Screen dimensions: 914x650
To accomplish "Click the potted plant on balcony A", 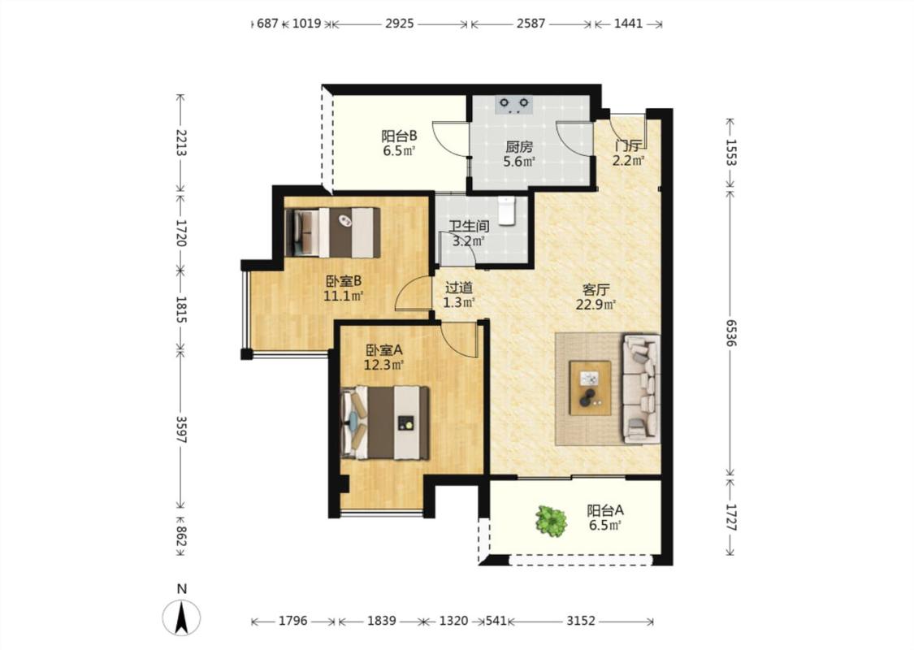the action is (x=551, y=521).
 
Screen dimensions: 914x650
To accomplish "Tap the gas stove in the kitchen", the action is (x=514, y=104).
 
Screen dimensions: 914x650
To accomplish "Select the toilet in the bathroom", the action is (x=506, y=210).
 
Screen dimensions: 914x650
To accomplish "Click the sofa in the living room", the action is (x=642, y=388).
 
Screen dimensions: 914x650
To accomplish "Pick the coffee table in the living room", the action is (x=591, y=388).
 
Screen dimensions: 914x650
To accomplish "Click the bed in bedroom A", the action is (x=385, y=422).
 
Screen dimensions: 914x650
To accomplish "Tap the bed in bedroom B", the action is (x=333, y=232).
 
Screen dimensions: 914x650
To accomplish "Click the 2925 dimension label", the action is (x=399, y=24).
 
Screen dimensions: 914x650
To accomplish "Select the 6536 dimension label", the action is (x=730, y=332).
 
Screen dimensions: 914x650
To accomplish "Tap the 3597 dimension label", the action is (x=180, y=429).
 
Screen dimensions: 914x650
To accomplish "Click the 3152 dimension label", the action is (x=581, y=621).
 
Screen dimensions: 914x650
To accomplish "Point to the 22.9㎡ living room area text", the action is (x=596, y=304).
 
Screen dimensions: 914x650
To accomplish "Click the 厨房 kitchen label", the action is (x=519, y=146).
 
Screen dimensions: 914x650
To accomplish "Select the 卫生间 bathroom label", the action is (x=469, y=226).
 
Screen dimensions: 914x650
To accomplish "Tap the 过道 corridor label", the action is (x=459, y=288).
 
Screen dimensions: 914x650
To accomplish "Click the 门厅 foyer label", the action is (x=628, y=145).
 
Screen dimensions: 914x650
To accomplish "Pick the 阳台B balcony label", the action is (x=399, y=136).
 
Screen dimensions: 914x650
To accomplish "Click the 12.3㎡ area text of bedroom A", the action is (x=384, y=365).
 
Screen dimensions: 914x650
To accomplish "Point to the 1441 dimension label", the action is (x=628, y=24).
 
